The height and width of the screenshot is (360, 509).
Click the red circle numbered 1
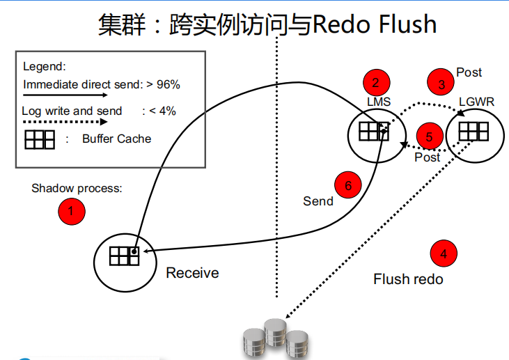click(70, 211)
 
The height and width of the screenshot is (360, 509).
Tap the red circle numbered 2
click(376, 82)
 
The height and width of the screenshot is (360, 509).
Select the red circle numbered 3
click(441, 84)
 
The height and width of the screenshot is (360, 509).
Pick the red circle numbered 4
click(443, 253)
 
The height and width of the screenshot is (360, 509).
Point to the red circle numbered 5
click(430, 136)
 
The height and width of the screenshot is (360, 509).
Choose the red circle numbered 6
click(348, 185)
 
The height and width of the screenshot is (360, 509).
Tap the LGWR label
click(476, 102)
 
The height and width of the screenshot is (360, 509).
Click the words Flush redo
click(408, 279)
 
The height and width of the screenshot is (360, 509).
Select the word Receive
click(192, 273)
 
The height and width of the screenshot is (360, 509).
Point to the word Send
click(318, 201)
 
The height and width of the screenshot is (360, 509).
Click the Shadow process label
click(77, 189)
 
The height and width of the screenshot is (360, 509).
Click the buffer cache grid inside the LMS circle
click(373, 131)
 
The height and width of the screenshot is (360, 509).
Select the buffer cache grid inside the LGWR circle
click(473, 131)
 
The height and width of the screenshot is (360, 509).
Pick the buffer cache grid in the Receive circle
click(125, 256)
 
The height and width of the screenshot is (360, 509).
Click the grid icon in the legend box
click(40, 139)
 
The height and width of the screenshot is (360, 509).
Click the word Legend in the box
click(44, 67)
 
